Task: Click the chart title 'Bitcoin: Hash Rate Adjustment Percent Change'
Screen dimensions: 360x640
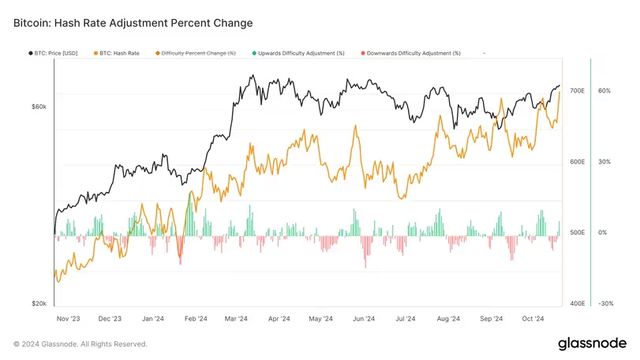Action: [133, 23]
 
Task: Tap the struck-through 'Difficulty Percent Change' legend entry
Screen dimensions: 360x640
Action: [198, 53]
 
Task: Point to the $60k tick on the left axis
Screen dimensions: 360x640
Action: [39, 107]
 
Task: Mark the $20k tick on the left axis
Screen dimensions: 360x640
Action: [39, 303]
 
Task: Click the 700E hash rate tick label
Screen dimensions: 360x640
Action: [577, 91]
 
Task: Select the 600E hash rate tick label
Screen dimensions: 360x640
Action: [577, 162]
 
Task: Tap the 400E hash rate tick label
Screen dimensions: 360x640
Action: [577, 303]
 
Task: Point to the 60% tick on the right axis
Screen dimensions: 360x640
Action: [604, 91]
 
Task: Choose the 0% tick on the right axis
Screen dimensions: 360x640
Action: [603, 233]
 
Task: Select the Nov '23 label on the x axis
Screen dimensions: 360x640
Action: [69, 319]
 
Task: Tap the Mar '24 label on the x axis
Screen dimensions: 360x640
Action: [236, 319]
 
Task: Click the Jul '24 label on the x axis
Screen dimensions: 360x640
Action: [406, 319]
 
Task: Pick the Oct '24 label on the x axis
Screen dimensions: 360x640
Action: [533, 319]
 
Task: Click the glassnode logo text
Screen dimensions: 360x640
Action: [591, 343]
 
